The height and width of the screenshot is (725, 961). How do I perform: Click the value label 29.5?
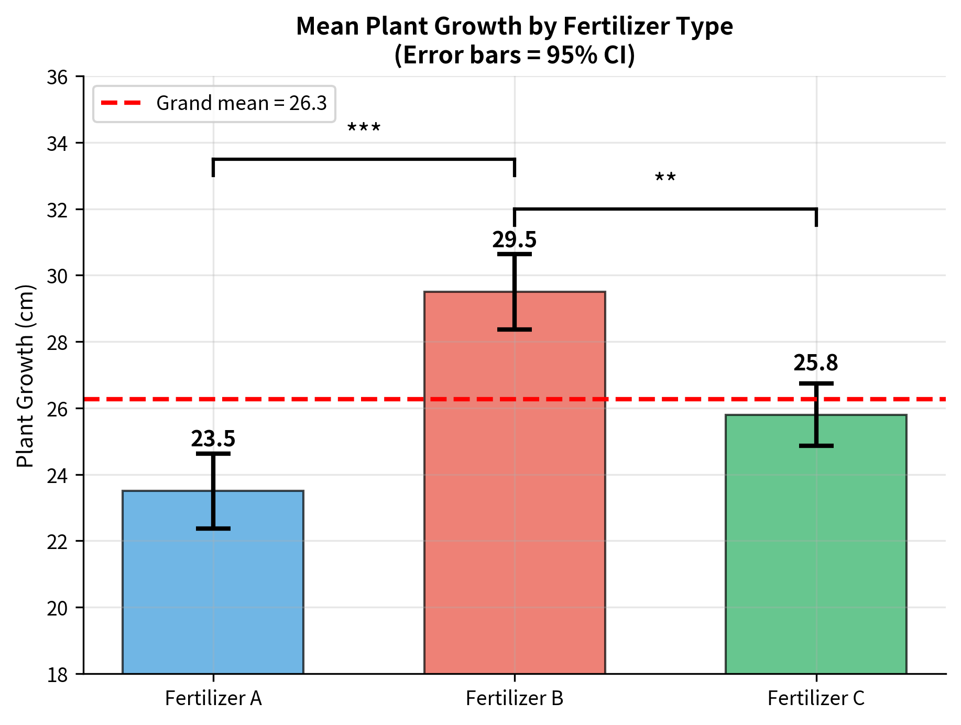515,240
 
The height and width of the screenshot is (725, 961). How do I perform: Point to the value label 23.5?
213,439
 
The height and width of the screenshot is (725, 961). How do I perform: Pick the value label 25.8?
816,363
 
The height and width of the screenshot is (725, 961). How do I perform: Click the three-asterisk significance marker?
364,128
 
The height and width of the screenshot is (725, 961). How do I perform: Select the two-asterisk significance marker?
665,179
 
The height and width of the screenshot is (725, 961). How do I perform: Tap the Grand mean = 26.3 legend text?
242,103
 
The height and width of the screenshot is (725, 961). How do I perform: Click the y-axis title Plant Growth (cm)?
25,376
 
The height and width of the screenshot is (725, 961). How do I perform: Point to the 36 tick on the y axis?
58,78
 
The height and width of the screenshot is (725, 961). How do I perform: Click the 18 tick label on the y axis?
58,675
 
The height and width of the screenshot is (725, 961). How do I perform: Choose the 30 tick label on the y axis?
58,276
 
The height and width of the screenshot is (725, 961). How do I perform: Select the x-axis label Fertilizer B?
515,698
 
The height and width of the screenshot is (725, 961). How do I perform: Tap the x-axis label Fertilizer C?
816,698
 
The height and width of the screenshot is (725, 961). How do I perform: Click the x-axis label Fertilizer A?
213,698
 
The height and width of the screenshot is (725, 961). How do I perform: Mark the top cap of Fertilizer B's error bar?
515,254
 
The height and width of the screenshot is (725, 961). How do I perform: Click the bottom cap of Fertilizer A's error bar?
213,529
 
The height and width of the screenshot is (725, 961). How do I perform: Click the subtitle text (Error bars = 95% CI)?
515,55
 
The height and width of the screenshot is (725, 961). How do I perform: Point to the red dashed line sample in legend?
121,103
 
